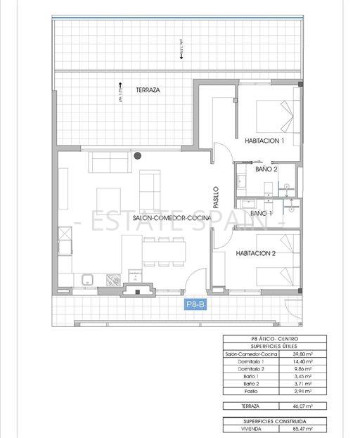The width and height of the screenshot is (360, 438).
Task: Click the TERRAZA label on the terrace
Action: point(148,91)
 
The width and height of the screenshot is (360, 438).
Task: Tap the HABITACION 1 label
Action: point(264,141)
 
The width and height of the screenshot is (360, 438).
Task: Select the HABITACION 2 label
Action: point(255,254)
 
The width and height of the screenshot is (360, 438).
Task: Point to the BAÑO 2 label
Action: point(266,169)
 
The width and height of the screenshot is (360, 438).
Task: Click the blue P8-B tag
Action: point(195,304)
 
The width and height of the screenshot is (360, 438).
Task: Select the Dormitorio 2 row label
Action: point(244,368)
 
